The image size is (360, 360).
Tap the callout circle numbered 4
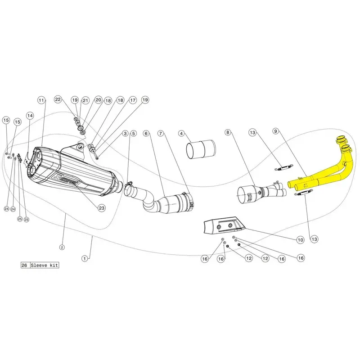[x=181, y=133]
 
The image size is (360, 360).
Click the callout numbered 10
[x=300, y=240]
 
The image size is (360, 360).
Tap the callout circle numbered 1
[x=84, y=258]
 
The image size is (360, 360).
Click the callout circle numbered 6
[x=146, y=133]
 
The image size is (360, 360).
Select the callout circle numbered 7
[x=162, y=133]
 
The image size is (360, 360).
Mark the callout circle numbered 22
[x=58, y=99]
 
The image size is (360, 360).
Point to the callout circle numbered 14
[x=30, y=116]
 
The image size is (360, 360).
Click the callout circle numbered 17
[x=132, y=101]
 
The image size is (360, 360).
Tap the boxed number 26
[x=25, y=265]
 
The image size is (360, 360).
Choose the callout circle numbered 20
[x=98, y=100]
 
